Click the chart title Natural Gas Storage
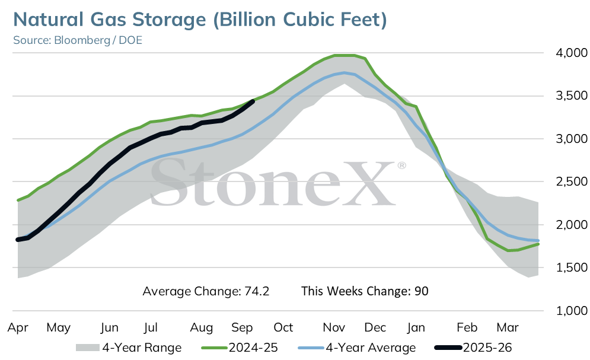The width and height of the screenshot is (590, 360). (110, 20)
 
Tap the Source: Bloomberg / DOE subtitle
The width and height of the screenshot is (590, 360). (78, 40)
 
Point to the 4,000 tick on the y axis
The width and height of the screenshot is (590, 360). (571, 53)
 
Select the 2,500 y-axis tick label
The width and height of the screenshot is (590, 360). (571, 181)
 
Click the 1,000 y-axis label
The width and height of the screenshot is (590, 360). (571, 311)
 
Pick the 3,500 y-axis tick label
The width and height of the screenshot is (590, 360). (571, 95)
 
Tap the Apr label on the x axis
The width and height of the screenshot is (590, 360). (18, 328)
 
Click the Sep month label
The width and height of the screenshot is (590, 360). (242, 328)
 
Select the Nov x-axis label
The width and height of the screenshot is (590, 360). (334, 327)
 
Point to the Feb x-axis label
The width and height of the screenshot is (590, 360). (467, 327)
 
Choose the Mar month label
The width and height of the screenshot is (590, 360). (508, 327)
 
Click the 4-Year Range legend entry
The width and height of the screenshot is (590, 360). (129, 348)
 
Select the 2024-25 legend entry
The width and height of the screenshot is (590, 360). (240, 348)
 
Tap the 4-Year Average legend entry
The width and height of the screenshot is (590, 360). (357, 348)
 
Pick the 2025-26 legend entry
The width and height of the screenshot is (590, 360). (473, 348)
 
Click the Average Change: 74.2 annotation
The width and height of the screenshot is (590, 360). (206, 292)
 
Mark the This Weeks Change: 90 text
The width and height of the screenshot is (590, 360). (365, 292)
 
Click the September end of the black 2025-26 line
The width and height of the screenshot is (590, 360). (253, 101)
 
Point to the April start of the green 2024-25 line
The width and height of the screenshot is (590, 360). (18, 200)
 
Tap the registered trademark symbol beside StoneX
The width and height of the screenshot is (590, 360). (401, 165)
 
